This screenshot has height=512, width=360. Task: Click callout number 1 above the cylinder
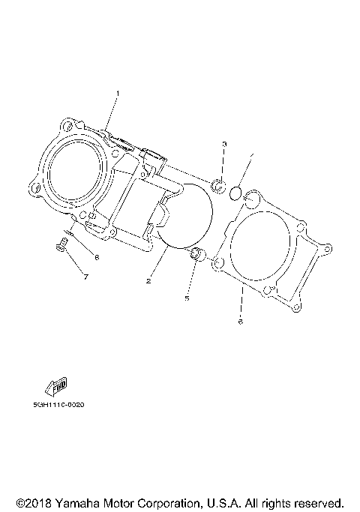coord(118,94)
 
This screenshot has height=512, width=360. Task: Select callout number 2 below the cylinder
coord(149,281)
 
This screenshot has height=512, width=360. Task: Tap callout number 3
coord(223,143)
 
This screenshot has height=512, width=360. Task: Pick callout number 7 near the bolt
coord(85,278)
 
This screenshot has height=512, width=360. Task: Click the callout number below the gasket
coord(240,323)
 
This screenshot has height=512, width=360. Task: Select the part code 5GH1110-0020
coord(58,405)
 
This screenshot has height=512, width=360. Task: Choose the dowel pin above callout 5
coord(196,255)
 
